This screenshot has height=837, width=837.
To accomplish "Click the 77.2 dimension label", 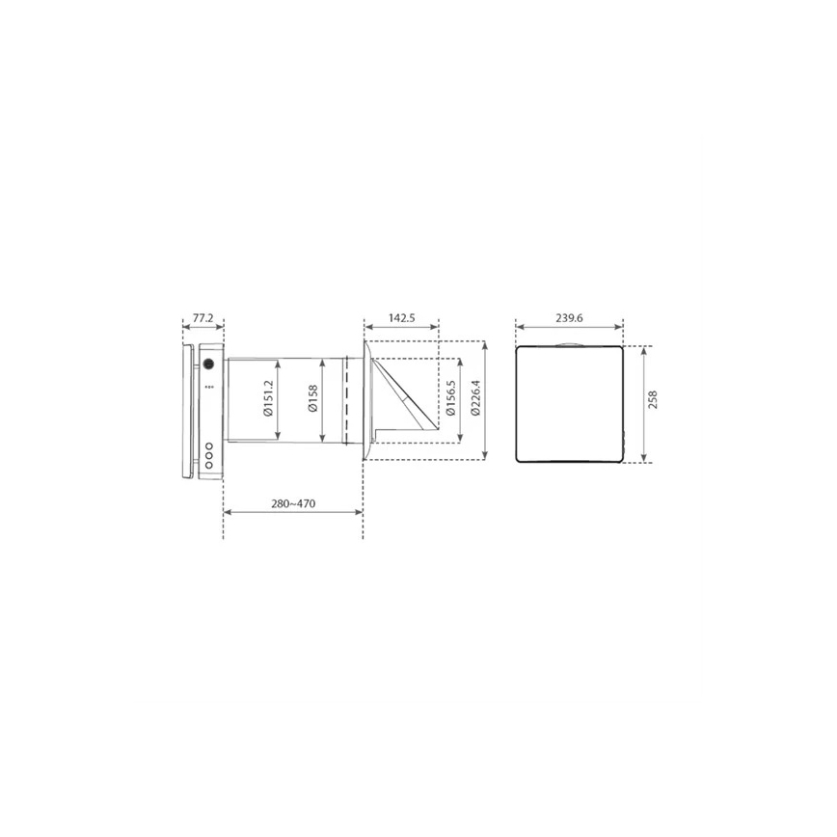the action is coord(202,317).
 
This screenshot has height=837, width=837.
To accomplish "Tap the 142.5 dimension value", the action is coord(401,317).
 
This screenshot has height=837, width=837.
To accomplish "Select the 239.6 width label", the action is coord(569,317).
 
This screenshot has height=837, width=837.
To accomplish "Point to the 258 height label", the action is coord(652,400).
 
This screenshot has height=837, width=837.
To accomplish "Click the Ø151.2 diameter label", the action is coord(268,398).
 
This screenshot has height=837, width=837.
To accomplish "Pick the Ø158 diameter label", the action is coord(312,398).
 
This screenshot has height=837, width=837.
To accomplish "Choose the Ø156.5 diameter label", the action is coord(451,398).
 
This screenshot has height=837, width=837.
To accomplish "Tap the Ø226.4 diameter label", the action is coord(475,398).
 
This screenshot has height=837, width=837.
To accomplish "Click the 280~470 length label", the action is coord(293,503).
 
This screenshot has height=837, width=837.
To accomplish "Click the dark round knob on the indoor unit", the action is coord(208,364).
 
